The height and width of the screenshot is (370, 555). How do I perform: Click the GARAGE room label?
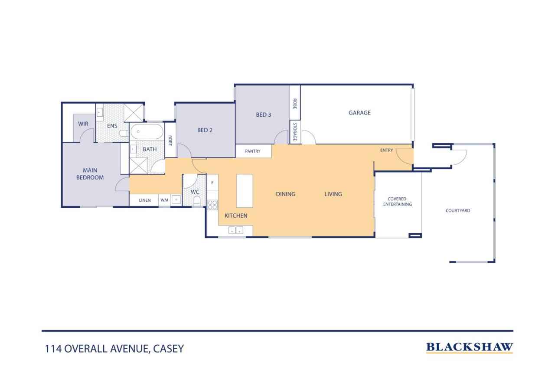point(359,113)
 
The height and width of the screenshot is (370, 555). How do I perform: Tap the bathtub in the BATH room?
point(147,131)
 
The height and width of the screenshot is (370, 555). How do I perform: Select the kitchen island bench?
point(245,190)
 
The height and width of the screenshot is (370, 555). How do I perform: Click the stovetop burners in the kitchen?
point(212,205)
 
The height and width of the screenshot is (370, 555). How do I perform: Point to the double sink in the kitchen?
point(235,230)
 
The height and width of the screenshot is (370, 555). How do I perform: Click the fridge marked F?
point(212,183)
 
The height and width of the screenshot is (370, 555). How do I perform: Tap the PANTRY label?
point(253,151)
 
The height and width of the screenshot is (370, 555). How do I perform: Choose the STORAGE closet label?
point(295,131)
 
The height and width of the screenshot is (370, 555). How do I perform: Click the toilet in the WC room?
point(197,201)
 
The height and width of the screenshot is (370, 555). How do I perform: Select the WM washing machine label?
point(164,200)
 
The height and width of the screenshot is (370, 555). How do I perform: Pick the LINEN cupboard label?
point(145,200)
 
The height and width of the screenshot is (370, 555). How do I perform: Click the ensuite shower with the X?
point(134,113)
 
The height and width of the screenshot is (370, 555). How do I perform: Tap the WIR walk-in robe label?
point(83,124)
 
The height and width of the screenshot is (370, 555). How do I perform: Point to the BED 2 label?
point(205,131)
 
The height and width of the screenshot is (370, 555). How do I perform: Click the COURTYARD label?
point(458,211)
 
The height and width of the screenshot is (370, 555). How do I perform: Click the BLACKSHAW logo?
point(470,347)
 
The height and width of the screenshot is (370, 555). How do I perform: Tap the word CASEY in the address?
point(169,349)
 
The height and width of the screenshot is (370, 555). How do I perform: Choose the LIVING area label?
point(333,194)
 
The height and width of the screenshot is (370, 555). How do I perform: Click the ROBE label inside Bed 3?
point(295,104)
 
